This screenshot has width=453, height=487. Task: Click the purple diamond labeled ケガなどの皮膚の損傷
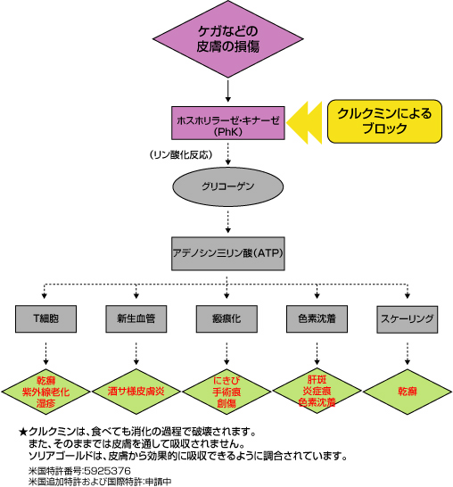pyautogui.click(x=228, y=41)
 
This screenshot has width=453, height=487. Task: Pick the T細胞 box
pyautogui.click(x=45, y=318)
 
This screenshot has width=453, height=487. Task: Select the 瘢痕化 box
pyautogui.click(x=226, y=318)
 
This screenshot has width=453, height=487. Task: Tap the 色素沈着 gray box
pyautogui.click(x=317, y=318)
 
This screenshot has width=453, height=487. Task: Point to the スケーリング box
pyautogui.click(x=407, y=318)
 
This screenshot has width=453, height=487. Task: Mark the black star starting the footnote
pyautogui.click(x=22, y=431)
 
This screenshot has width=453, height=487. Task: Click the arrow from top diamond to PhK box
pyautogui.click(x=228, y=91)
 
